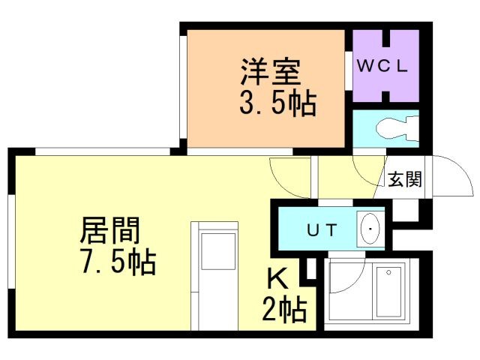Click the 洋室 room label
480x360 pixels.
coord(270,73)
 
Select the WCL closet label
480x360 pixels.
coord(382,65)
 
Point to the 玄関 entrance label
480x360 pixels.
coord(404,180)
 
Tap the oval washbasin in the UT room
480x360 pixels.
coord(370,228)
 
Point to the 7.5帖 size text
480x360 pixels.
coord(118,262)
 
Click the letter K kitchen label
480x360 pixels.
coord(277,280)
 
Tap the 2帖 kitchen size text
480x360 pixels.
coord(284,307)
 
